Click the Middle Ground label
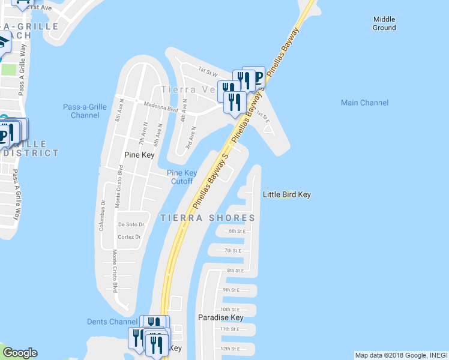tap(384, 23)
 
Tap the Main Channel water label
tap(364, 103)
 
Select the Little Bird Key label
tap(286, 194)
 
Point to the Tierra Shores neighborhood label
tap(208, 218)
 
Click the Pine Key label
tap(139, 155)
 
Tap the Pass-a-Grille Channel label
tap(85, 111)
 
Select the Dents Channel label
tap(112, 322)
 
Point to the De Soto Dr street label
tap(131, 224)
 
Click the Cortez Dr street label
tap(129, 237)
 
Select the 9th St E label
tap(231, 290)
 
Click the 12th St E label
tap(230, 348)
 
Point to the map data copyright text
tap(400, 355)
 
